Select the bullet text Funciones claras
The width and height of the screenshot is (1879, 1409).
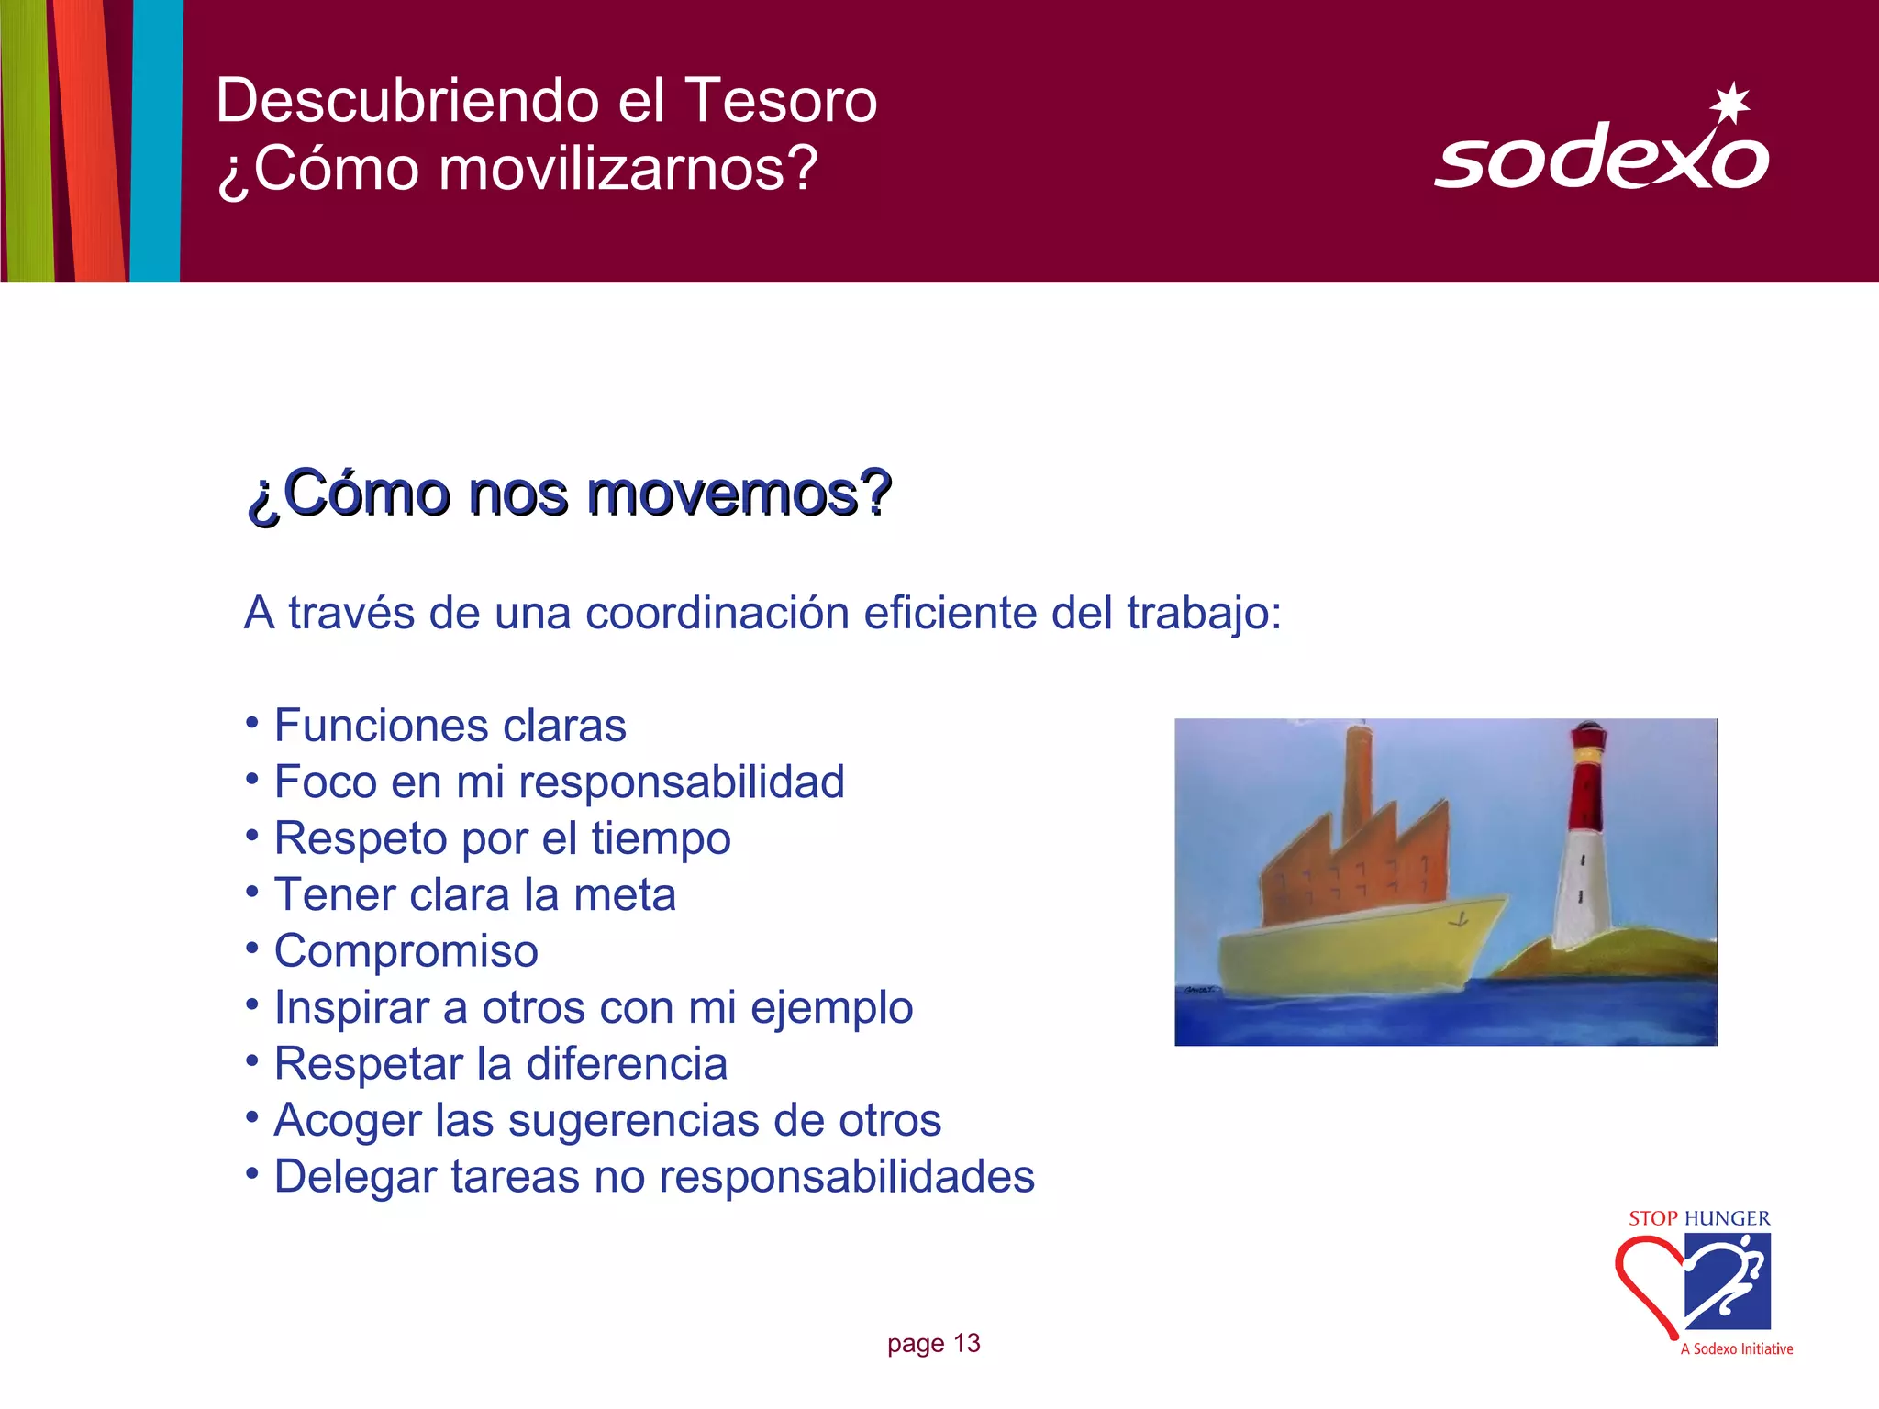450,726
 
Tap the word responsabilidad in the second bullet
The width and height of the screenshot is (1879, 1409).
681,782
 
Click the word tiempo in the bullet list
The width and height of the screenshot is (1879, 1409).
661,838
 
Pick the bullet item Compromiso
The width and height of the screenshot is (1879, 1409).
406,951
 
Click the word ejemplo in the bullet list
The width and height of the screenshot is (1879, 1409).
831,1007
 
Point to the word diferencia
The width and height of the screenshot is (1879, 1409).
627,1064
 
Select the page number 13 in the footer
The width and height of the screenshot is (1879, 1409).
967,1344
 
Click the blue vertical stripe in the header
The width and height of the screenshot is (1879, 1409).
156,138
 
